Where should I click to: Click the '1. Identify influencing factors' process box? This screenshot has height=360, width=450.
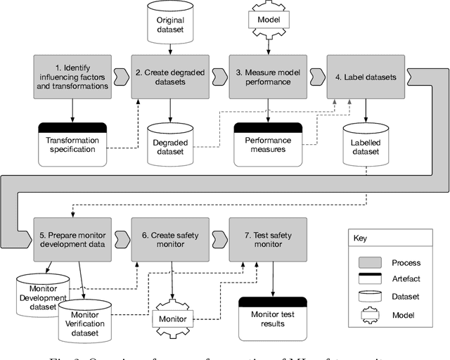point(71,77)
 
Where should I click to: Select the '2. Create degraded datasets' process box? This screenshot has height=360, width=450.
point(169,77)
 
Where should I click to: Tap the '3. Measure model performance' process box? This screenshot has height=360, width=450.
point(268,77)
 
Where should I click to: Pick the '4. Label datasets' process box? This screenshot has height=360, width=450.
point(366,77)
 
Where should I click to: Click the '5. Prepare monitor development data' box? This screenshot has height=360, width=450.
point(71,239)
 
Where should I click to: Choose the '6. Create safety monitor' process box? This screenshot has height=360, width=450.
point(169,239)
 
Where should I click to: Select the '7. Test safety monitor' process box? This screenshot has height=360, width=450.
point(268,239)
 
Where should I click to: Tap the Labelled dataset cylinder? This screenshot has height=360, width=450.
point(366,144)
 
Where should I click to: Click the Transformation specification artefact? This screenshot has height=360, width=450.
point(72,144)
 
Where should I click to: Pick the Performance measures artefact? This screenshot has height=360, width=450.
point(268,144)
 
